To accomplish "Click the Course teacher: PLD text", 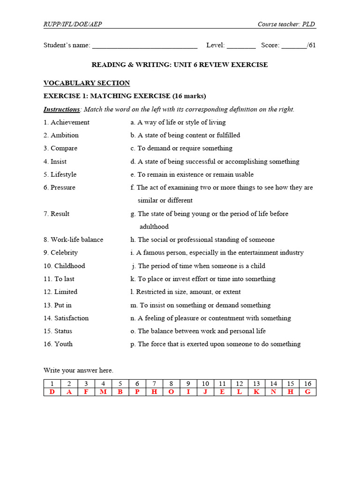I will coord(286,24).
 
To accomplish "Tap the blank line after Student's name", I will coord(144,46).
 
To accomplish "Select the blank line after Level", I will coord(241,46).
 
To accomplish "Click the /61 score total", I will coord(311,45).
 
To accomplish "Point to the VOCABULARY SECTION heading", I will coord(87,83).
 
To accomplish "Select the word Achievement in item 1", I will coord(70,122).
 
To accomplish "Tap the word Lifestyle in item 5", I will coord(63,174).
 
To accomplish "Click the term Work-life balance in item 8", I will coord(77,240).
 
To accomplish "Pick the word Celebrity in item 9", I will coord(64,253).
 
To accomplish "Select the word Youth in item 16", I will coord(63,344).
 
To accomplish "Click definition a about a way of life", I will coord(178,122).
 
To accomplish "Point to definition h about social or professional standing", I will coord(202,240).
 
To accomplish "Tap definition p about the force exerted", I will coord(216,344).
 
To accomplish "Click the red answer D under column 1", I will coord(52,392).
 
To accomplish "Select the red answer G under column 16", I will coord(307,392).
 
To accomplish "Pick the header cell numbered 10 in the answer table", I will coord(205,383).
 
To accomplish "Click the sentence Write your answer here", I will coord(78,370).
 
